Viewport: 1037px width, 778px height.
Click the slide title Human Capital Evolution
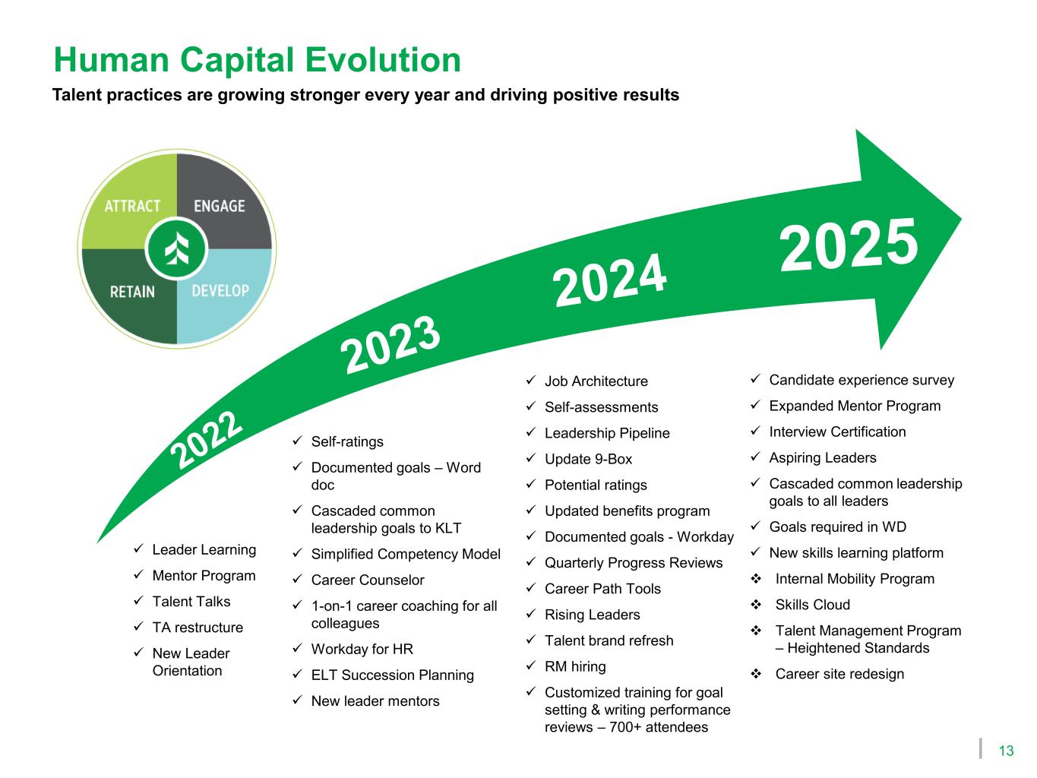pyautogui.click(x=258, y=60)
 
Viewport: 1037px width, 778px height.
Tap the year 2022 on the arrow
pyautogui.click(x=207, y=440)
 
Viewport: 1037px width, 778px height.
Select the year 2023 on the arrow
pyautogui.click(x=390, y=344)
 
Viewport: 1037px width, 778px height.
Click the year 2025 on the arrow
pyautogui.click(x=848, y=245)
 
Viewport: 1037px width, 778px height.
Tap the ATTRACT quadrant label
pyautogui.click(x=132, y=206)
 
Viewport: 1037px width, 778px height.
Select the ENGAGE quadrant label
pyautogui.click(x=220, y=206)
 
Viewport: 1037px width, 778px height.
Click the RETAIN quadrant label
pyautogui.click(x=132, y=292)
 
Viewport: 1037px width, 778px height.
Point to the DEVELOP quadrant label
pyautogui.click(x=220, y=290)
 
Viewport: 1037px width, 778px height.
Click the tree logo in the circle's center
pyautogui.click(x=177, y=248)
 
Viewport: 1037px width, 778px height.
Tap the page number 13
pyautogui.click(x=1006, y=751)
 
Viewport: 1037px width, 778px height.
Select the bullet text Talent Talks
pyautogui.click(x=191, y=601)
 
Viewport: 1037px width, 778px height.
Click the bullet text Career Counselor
pyautogui.click(x=368, y=580)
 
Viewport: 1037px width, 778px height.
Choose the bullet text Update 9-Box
pyautogui.click(x=588, y=459)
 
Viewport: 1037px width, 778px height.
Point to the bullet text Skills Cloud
pyautogui.click(x=813, y=604)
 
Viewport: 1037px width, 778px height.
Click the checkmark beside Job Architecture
pyautogui.click(x=531, y=380)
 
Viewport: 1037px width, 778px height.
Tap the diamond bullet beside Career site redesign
pyautogui.click(x=756, y=674)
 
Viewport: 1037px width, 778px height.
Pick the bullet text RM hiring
pyautogui.click(x=575, y=666)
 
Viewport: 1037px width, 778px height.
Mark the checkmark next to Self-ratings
pyautogui.click(x=297, y=440)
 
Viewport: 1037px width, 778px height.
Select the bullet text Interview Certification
pyautogui.click(x=837, y=432)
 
